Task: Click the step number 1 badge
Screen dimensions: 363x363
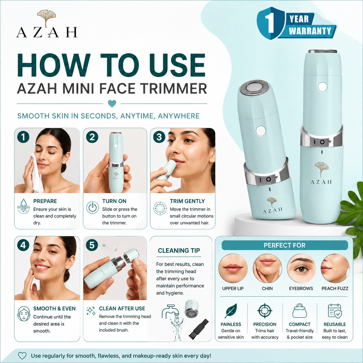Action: [x=23, y=137]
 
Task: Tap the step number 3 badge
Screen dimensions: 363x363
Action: [x=159, y=137]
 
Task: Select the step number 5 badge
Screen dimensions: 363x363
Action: [x=92, y=245]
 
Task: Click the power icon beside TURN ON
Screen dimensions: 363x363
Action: [x=93, y=207]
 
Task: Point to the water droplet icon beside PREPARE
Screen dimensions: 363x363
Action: [x=23, y=206]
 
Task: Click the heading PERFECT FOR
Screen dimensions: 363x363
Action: [x=285, y=245]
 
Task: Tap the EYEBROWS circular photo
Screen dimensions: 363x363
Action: [x=301, y=268]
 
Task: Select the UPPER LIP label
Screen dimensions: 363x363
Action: [x=233, y=288]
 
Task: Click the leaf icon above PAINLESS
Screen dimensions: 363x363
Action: [x=231, y=311]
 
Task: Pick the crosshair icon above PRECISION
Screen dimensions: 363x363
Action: [x=265, y=311]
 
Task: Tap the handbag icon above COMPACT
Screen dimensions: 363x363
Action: [x=300, y=311]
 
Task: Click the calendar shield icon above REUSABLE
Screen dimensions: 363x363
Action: [x=335, y=311]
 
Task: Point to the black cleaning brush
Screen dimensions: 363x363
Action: [x=199, y=329]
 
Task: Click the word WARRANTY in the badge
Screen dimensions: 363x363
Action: [x=310, y=31]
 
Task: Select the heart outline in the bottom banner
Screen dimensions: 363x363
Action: [x=22, y=356]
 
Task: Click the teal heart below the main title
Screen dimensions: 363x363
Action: [x=112, y=104]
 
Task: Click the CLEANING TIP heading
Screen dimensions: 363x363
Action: [x=179, y=251]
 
